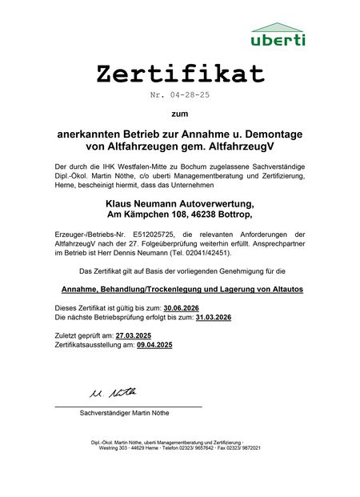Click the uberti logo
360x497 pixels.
pyautogui.click(x=277, y=34)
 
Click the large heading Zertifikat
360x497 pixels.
pyautogui.click(x=180, y=74)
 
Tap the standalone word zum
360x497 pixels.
pyautogui.click(x=180, y=114)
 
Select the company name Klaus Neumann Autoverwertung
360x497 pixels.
pyautogui.click(x=180, y=203)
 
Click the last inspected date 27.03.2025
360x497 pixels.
pyautogui.click(x=134, y=335)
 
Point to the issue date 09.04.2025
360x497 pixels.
pyautogui.click(x=154, y=345)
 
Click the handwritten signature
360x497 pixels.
pyautogui.click(x=113, y=392)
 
